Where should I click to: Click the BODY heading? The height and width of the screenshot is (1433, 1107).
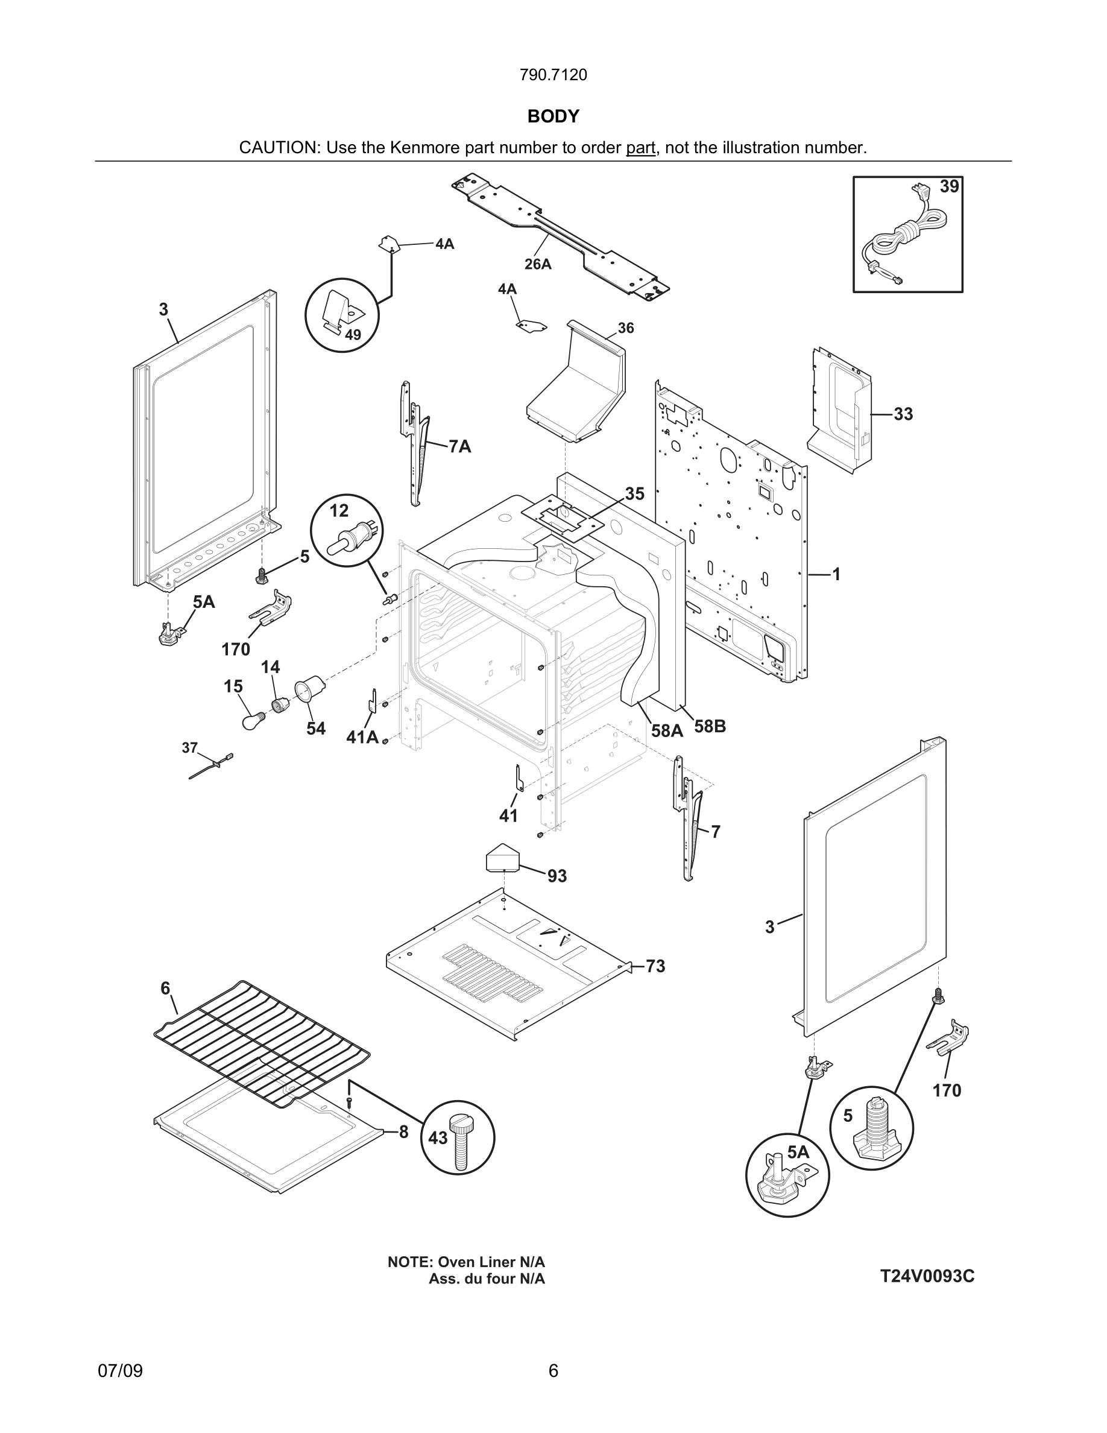553,116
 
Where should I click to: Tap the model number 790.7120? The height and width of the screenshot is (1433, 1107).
553,75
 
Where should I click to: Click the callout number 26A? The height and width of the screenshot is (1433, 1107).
537,264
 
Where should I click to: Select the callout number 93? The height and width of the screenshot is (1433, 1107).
557,876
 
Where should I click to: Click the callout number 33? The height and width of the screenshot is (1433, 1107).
903,414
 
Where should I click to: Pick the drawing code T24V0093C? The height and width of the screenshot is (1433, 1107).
927,1276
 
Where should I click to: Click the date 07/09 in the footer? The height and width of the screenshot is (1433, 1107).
120,1371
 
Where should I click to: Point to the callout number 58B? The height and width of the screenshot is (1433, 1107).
710,726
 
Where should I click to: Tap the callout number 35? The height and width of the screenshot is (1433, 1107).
634,493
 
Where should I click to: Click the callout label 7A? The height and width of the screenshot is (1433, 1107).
459,447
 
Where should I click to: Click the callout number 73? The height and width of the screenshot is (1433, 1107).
655,966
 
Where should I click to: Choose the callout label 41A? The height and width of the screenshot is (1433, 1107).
362,738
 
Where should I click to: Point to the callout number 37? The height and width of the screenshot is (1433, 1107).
189,747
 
